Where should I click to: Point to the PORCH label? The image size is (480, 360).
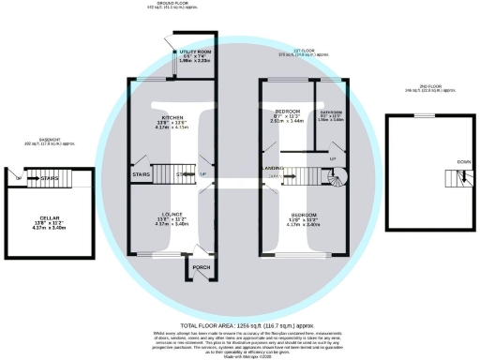click(201, 264)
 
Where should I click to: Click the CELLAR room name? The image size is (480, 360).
click(45, 217)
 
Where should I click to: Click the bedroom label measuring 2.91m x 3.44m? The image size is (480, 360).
click(286, 111)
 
